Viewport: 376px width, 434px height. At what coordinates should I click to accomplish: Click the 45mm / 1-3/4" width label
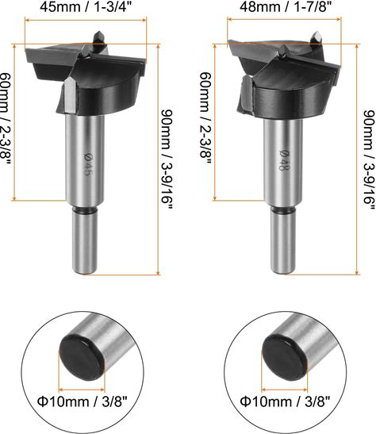click(x=85, y=6)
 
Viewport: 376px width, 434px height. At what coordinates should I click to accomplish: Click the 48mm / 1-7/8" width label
click(x=286, y=6)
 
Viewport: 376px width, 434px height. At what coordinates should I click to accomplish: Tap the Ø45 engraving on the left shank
click(x=86, y=164)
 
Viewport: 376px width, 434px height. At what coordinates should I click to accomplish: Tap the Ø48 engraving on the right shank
click(x=284, y=160)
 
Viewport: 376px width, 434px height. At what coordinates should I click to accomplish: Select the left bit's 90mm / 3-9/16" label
click(x=167, y=159)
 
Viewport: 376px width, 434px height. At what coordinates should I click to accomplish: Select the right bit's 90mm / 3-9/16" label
click(x=370, y=159)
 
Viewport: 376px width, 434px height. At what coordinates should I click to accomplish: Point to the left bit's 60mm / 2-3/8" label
click(x=5, y=119)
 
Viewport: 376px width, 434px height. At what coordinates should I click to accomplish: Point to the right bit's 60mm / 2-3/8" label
click(x=206, y=119)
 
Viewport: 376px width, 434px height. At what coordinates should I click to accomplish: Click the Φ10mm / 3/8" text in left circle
click(x=82, y=401)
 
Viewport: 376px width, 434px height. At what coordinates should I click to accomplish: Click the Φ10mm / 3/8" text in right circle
click(x=285, y=401)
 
